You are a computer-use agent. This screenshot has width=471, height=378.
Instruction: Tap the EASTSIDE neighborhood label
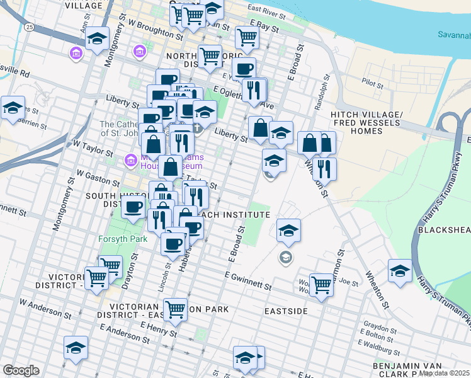tap(286, 311)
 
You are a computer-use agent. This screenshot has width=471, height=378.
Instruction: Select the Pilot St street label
tap(373, 83)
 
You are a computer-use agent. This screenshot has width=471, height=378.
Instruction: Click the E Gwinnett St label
tap(247, 282)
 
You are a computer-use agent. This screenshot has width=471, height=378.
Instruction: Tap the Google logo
tap(21, 370)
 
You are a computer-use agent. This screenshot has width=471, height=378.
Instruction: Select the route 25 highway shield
tap(30, 28)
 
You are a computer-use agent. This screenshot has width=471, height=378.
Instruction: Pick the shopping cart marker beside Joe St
tap(321, 285)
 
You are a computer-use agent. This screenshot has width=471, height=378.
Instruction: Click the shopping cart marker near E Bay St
tap(247, 37)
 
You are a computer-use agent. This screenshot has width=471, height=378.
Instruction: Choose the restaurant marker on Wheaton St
tap(324, 168)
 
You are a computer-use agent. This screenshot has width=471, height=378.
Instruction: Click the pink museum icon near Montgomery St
tap(77, 54)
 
